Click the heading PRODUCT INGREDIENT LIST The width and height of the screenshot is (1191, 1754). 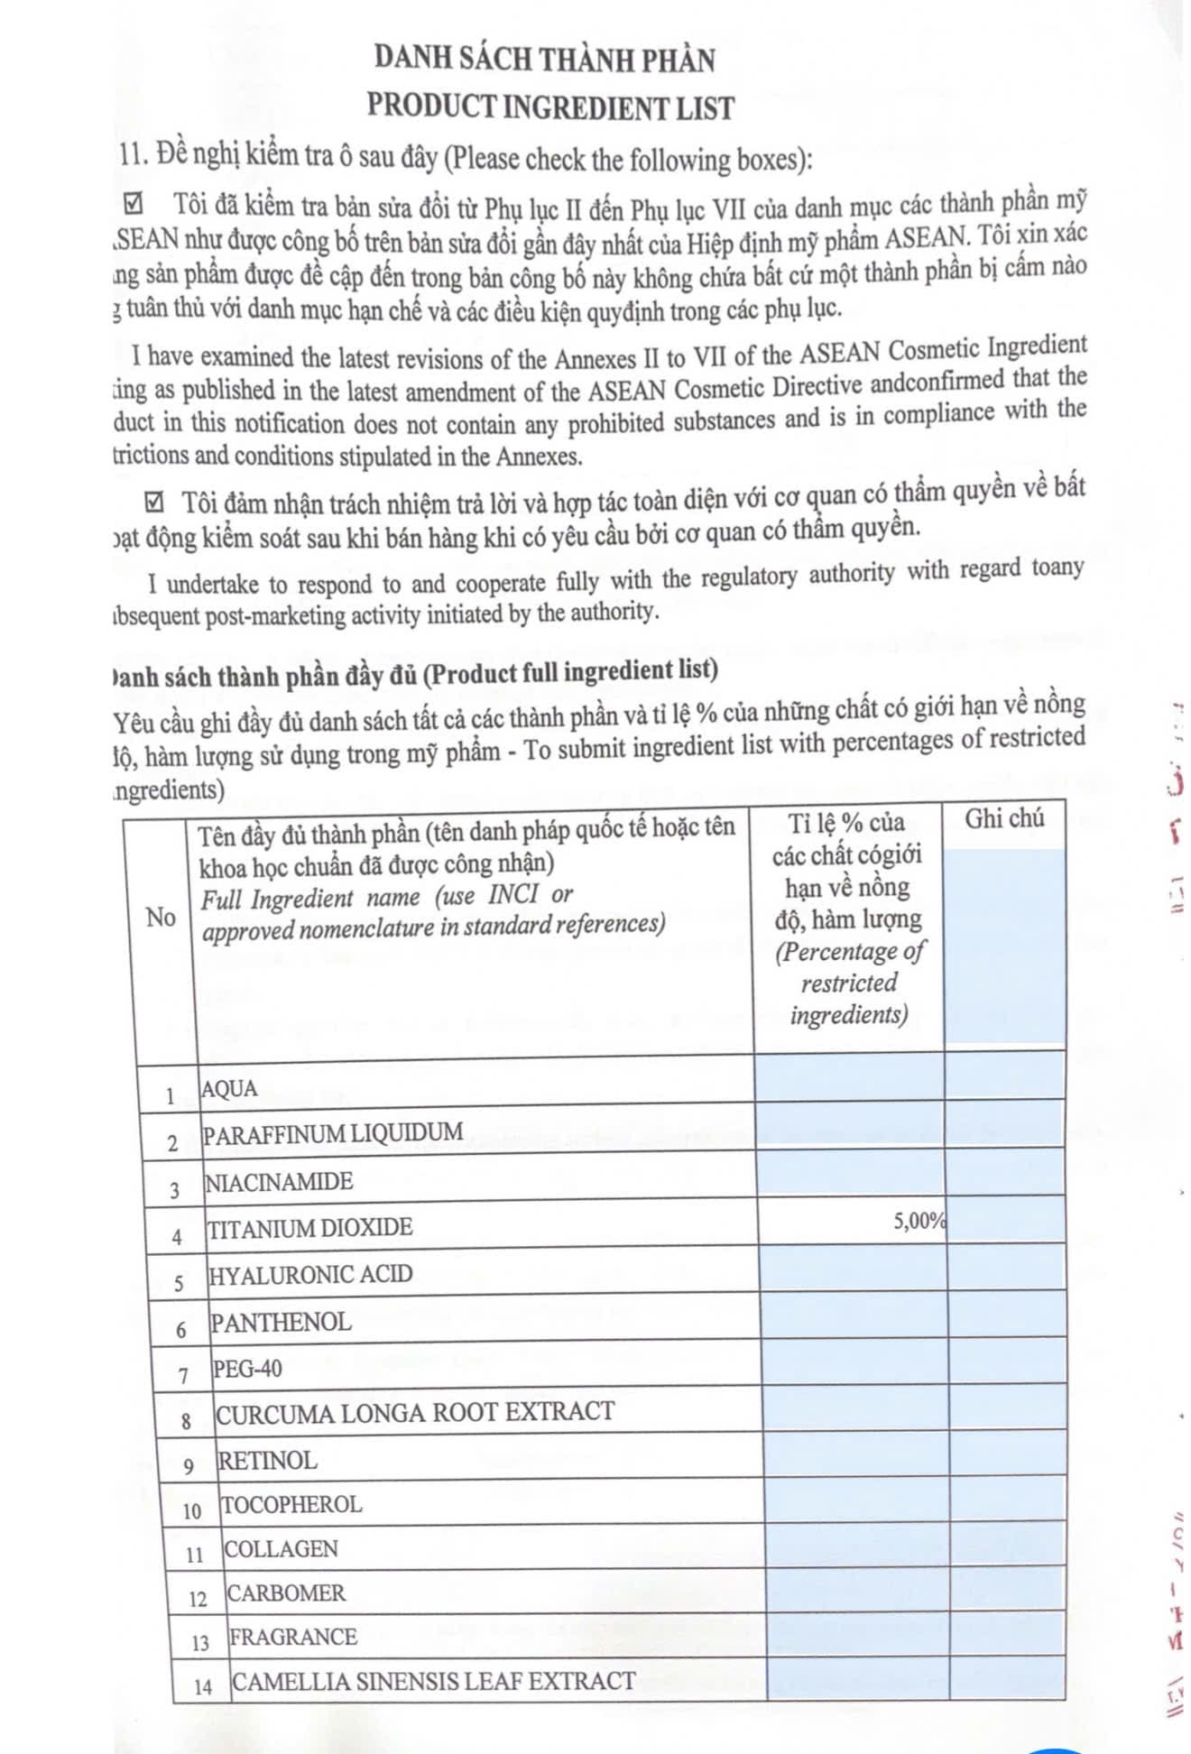coord(550,107)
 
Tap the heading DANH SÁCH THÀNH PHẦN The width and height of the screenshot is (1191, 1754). coord(545,60)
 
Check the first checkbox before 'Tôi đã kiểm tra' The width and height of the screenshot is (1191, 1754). coord(133,205)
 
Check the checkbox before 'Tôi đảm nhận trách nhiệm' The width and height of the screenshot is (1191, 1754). coord(155,502)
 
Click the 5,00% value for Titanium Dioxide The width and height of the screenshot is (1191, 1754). coord(919,1221)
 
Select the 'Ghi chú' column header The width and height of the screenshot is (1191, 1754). coord(1004,818)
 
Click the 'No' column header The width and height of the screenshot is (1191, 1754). coord(161,918)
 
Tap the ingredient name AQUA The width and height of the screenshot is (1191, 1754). coord(229,1089)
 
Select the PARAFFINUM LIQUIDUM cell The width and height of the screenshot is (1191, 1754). coord(333,1133)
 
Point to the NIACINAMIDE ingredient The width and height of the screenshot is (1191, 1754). coord(279,1181)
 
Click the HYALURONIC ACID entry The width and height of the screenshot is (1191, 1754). coord(310,1274)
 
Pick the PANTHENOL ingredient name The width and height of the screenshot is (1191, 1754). coord(281,1322)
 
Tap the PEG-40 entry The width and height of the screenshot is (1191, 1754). coord(247,1369)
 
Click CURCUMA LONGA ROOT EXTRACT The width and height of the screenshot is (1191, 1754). coord(415,1412)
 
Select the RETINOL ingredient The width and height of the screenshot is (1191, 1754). coord(268,1460)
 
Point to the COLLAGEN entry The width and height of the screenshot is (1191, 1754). coord(281,1548)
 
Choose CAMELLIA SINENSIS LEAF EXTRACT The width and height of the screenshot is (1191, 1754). coord(434,1681)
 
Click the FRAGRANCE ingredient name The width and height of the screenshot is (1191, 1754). coord(293,1637)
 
